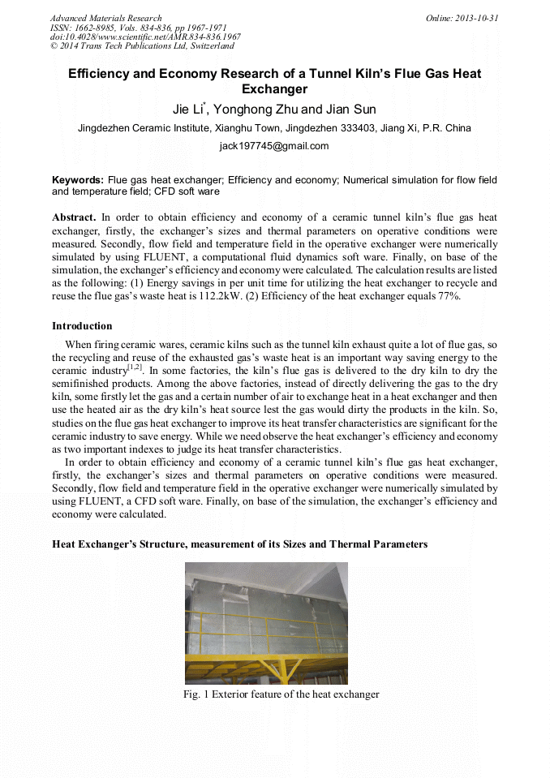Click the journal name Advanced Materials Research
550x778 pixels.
click(105, 18)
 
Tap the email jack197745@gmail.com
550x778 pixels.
click(274, 146)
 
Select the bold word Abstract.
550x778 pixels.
click(74, 217)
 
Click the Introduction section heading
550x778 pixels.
click(82, 326)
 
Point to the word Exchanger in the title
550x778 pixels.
click(274, 89)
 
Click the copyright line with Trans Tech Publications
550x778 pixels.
click(142, 46)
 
